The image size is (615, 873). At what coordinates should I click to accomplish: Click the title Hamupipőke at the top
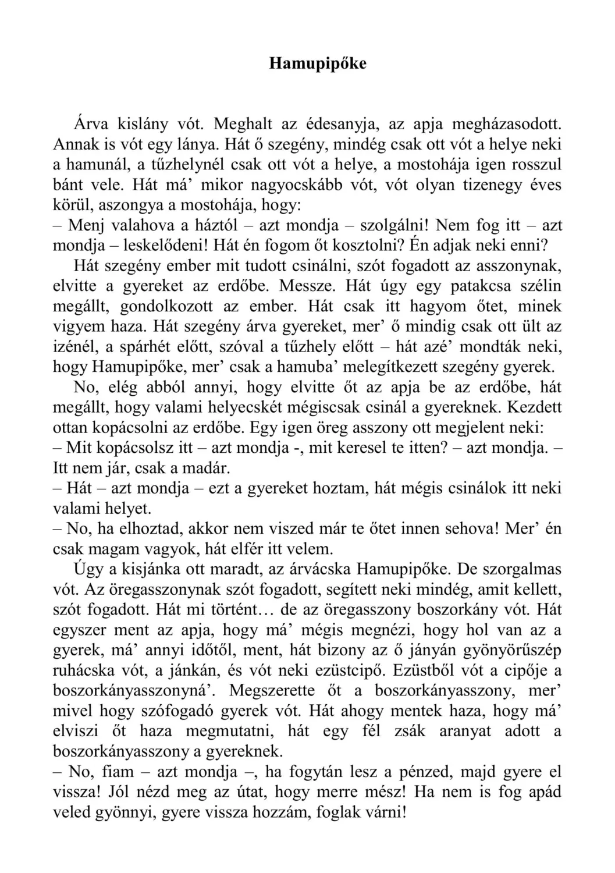(318, 63)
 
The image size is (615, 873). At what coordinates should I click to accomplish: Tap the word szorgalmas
(520, 569)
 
